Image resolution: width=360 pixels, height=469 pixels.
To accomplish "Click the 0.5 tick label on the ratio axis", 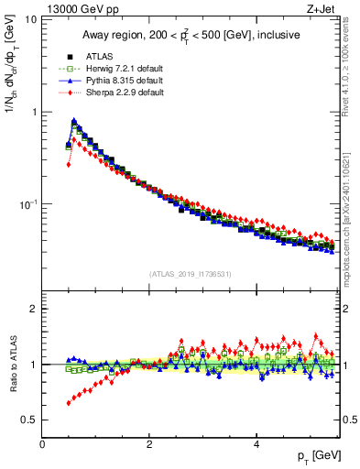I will pos(27,420).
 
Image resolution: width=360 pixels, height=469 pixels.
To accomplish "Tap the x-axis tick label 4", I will pos(256,443).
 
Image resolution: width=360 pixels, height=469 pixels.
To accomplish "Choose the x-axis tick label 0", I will pos(43,443).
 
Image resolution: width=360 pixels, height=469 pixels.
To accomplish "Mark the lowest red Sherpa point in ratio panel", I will pos(69,403).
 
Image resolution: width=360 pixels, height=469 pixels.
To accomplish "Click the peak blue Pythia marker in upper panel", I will pos(74,120).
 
